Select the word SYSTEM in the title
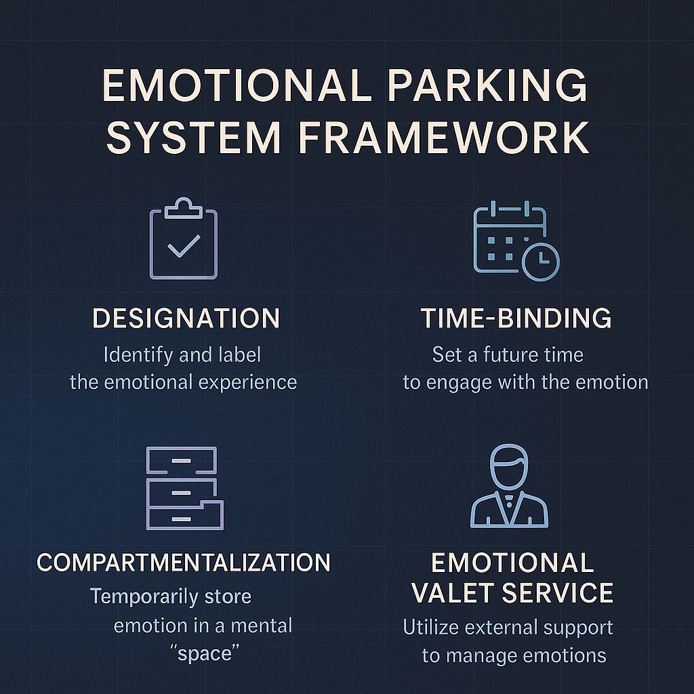tap(193, 138)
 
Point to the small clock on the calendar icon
tap(540, 261)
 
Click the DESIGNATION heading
tap(186, 319)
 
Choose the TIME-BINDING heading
tap(516, 319)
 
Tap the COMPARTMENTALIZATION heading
tap(184, 563)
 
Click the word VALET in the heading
tap(455, 592)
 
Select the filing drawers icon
tap(184, 488)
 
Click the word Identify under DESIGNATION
tap(130, 354)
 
